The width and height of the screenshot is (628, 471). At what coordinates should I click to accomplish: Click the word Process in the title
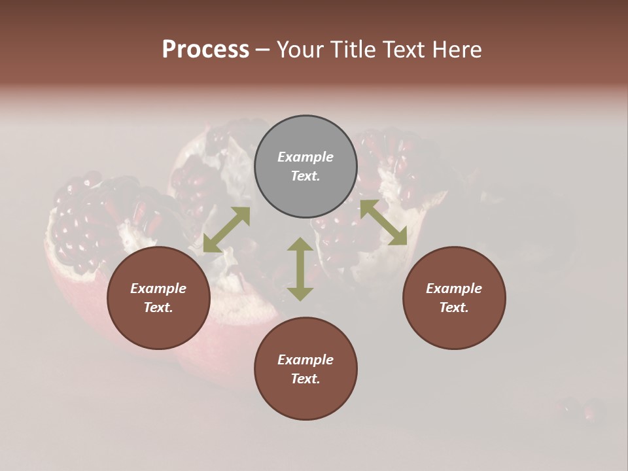tap(205, 50)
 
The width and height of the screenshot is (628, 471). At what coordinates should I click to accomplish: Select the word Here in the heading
tap(455, 50)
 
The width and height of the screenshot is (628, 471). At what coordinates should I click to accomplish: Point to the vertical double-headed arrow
tap(300, 269)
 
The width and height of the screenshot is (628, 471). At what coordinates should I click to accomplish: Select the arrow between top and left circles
tap(226, 230)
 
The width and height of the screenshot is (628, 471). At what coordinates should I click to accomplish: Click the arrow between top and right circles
tap(383, 222)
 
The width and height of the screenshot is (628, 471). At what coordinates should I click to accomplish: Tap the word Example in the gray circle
tap(305, 157)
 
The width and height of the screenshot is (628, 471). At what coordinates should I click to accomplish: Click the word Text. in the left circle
tap(158, 307)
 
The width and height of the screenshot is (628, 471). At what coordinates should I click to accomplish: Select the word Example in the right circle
tap(454, 288)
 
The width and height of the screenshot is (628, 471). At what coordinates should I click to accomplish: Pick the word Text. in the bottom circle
tap(305, 379)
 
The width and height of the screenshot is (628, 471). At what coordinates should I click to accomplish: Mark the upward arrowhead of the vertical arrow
tap(300, 245)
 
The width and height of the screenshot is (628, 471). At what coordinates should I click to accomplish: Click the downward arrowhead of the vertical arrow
tap(300, 293)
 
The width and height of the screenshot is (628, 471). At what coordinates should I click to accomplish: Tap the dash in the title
tap(262, 50)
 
